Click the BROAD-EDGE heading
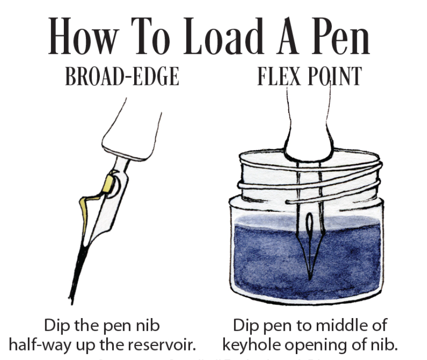(x=122, y=77)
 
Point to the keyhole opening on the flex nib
(x=309, y=224)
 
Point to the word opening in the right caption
(x=321, y=345)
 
